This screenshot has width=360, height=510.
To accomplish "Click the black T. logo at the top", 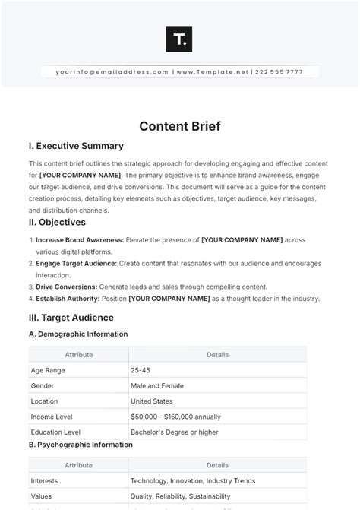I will tap(178, 40).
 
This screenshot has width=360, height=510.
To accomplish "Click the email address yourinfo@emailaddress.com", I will tap(112, 72).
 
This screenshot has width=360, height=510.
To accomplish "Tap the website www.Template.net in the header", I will tap(213, 72).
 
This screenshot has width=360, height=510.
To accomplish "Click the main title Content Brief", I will tap(180, 126).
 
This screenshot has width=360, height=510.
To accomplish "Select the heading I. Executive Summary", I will tap(76, 146).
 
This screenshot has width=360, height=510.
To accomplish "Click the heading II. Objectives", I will tap(58, 222).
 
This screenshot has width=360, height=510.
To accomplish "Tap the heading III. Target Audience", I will tap(71, 317).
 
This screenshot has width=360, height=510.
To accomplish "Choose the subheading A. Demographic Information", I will tap(78, 334).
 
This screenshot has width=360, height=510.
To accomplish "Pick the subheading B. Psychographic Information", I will tap(81, 445).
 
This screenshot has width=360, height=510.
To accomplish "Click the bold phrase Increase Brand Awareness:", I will tap(75, 240).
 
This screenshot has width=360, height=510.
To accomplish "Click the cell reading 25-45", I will tap(141, 370).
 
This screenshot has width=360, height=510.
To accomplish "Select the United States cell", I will tap(152, 401).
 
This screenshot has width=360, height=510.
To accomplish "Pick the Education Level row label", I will tap(58, 432).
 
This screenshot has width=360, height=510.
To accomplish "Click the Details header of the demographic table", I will tap(217, 354).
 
